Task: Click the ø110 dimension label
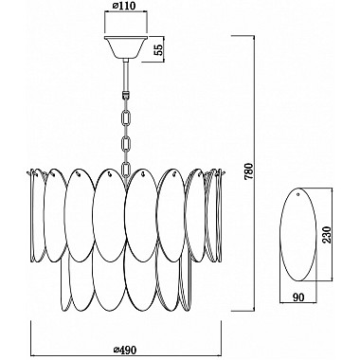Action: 124,6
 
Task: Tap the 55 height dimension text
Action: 160,50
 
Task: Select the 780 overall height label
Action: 249,171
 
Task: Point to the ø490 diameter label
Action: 125,350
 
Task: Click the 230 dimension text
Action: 328,235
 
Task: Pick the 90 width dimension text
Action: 298,297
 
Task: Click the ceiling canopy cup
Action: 126,47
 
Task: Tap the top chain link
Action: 127,117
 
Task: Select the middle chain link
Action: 126,144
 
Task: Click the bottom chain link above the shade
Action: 126,170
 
